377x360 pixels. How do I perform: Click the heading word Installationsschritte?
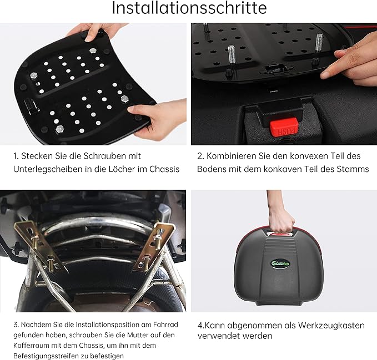tap(189, 8)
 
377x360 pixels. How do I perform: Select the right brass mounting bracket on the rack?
tap(152, 244)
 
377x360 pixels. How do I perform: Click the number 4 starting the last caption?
tap(200, 325)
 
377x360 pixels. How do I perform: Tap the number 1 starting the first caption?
tap(15, 156)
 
